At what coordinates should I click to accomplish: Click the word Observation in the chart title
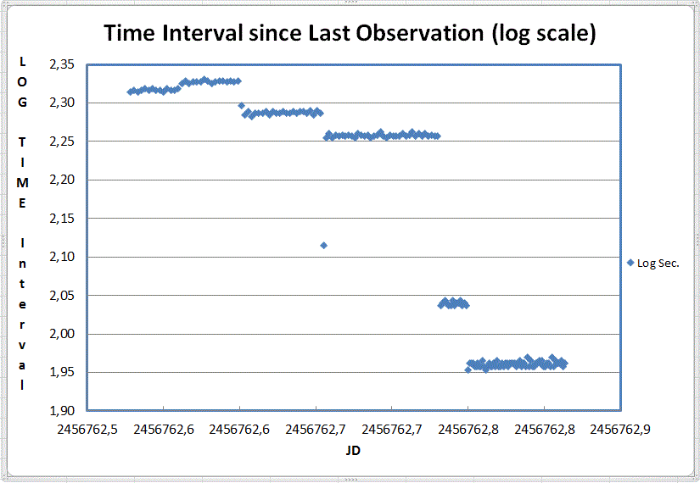click(x=420, y=33)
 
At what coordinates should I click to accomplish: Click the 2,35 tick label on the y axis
click(x=62, y=64)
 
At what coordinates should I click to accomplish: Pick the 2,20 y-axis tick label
click(x=62, y=180)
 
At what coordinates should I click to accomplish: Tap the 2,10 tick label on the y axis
click(x=62, y=257)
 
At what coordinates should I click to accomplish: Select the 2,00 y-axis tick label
click(x=62, y=334)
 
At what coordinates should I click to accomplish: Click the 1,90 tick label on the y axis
click(x=62, y=411)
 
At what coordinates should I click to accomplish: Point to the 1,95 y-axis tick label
click(x=62, y=372)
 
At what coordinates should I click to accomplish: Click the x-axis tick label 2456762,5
click(x=87, y=430)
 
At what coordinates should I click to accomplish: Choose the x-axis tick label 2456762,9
click(x=620, y=430)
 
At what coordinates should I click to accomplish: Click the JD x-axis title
click(x=353, y=451)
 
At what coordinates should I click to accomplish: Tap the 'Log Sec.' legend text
click(x=658, y=264)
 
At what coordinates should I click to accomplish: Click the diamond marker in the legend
click(x=630, y=263)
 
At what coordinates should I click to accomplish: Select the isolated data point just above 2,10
click(x=323, y=245)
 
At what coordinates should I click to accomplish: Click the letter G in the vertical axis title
click(x=22, y=103)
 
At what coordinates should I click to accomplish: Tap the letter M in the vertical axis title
click(x=22, y=183)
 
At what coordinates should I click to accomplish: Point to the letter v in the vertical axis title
click(x=22, y=346)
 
